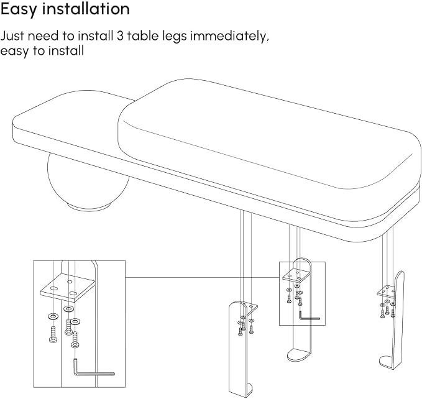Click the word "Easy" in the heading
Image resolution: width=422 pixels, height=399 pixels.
19,10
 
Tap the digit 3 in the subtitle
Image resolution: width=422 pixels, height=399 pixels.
120,36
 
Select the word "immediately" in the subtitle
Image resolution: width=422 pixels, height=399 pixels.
229,36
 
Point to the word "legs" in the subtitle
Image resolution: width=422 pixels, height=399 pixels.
175,37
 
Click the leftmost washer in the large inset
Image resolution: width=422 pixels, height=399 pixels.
53,316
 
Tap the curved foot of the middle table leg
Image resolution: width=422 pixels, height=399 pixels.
298,355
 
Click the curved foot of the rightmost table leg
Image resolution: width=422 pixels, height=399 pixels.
388,362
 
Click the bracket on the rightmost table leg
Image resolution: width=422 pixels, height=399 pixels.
386,291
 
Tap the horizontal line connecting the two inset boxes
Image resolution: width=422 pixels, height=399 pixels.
202,277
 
